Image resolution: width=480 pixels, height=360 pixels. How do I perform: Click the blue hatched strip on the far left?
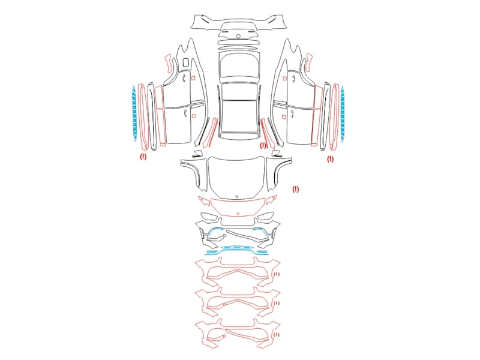coord(134,114)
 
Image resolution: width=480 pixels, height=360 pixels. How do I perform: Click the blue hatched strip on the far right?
coord(343,115)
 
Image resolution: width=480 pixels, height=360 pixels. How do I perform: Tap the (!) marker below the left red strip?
coord(143,157)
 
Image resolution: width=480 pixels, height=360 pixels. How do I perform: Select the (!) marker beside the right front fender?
coord(295,189)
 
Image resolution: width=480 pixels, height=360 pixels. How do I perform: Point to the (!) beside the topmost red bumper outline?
coord(277,274)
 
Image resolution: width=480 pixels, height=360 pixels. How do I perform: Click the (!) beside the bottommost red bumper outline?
coord(277,335)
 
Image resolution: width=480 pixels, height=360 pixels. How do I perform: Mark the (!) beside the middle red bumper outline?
coord(277,303)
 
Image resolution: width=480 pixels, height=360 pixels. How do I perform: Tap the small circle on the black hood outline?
coord(236,197)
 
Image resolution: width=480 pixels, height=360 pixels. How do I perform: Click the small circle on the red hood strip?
coord(238,214)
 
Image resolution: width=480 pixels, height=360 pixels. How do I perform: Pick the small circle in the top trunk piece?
coord(238,37)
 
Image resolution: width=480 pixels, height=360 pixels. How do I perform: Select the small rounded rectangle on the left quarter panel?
coord(185,62)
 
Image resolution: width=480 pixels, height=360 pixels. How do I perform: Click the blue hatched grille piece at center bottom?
coord(237,247)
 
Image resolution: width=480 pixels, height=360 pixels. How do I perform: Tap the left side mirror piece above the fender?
coord(198,154)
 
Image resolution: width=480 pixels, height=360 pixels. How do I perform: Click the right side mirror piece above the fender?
coord(277,154)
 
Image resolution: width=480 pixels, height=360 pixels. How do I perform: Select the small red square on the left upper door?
coord(193,78)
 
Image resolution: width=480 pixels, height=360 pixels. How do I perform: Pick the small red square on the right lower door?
coord(284,116)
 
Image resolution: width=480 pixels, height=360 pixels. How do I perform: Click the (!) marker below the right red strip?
coord(331,159)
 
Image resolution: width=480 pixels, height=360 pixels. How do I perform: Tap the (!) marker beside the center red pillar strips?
coord(263,145)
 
